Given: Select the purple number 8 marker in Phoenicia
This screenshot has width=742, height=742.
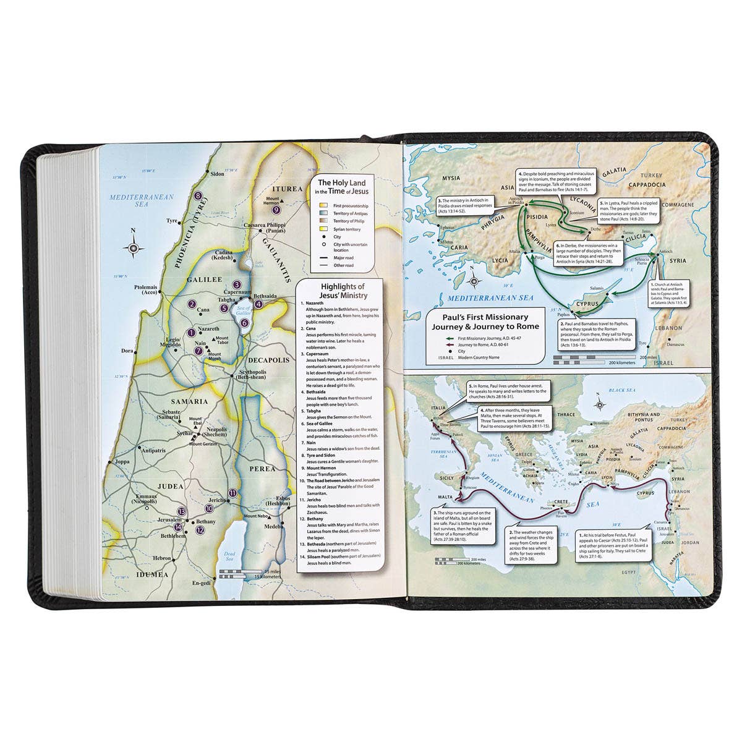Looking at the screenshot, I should [x=198, y=196].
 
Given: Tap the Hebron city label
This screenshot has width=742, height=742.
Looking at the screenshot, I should [x=162, y=558].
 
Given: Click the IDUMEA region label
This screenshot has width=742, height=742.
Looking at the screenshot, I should [x=151, y=574].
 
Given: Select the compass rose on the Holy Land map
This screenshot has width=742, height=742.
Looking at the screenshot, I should [x=134, y=247].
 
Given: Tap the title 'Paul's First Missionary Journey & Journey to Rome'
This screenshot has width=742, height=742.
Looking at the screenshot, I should [x=485, y=321].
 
